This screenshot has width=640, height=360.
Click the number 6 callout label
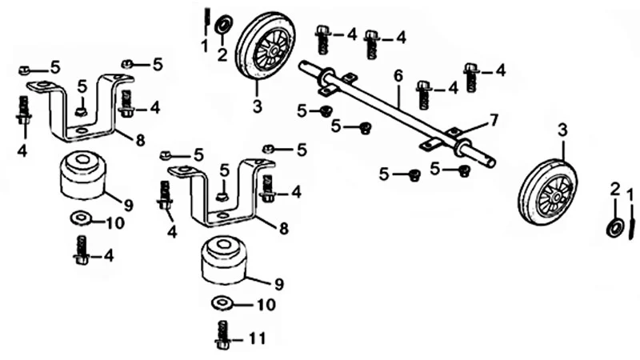(x=398, y=76)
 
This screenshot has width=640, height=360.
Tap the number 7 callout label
(x=494, y=121)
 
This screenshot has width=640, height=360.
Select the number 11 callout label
(x=257, y=338)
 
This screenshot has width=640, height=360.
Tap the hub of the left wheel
(x=274, y=50)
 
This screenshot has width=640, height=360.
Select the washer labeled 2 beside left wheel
(x=223, y=24)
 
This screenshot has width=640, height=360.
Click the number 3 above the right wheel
(x=562, y=130)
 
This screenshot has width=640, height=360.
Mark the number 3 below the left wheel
(x=257, y=107)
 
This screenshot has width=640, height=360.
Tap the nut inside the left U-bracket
(x=82, y=111)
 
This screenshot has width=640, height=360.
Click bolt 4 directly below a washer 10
(x=82, y=250)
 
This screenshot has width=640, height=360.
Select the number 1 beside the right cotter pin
(x=629, y=190)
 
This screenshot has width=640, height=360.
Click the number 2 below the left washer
(x=222, y=54)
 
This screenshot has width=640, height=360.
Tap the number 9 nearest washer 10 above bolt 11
(x=279, y=284)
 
